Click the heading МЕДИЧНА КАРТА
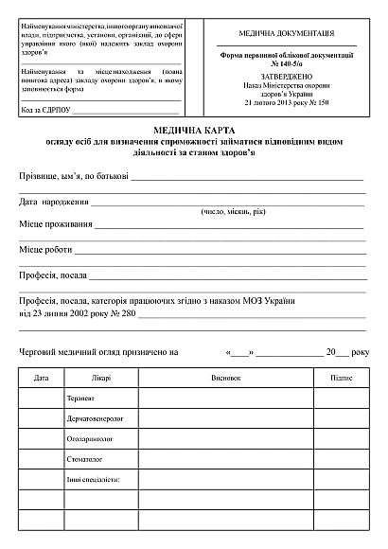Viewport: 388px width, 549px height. [x=193, y=129]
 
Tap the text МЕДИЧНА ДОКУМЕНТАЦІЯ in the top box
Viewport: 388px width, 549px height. [x=285, y=32]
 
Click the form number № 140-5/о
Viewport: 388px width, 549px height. [x=285, y=62]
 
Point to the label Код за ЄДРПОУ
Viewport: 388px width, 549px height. [x=44, y=109]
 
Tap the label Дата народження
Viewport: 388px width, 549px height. [x=54, y=202]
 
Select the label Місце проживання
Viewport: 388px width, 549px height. [x=56, y=225]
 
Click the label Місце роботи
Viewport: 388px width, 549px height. [x=44, y=250]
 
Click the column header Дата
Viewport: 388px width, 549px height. [x=41, y=378]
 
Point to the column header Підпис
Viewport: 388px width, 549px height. [x=341, y=378]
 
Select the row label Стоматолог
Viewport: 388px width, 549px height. [x=85, y=460]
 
